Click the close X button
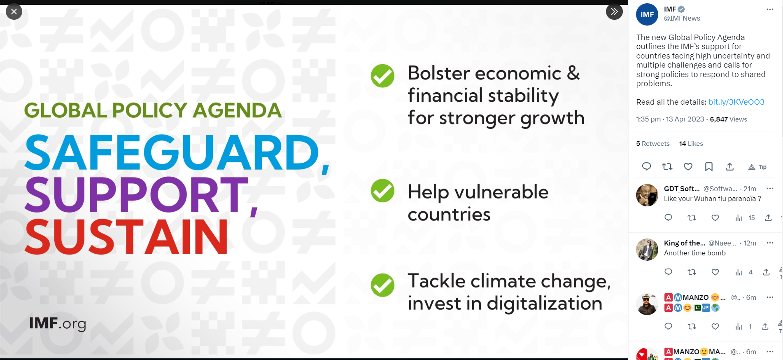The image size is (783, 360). (14, 12)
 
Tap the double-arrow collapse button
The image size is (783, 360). (614, 12)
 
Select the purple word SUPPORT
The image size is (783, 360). (137, 194)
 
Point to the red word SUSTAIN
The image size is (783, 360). (126, 237)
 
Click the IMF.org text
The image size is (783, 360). (58, 324)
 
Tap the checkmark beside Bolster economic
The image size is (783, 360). (382, 76)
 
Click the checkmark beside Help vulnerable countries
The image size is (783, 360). (382, 191)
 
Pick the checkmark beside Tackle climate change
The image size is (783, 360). (382, 285)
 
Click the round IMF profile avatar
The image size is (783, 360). (647, 14)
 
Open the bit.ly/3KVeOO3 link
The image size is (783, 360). (736, 102)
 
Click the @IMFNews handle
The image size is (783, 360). (682, 18)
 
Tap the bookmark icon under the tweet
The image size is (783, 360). (709, 167)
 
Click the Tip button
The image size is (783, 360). (757, 167)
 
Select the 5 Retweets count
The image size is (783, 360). (653, 144)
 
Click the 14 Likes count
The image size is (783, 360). (691, 144)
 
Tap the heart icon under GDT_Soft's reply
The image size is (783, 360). (715, 218)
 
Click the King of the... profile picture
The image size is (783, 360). (647, 250)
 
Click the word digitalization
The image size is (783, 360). (545, 304)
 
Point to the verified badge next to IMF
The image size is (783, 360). (682, 9)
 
